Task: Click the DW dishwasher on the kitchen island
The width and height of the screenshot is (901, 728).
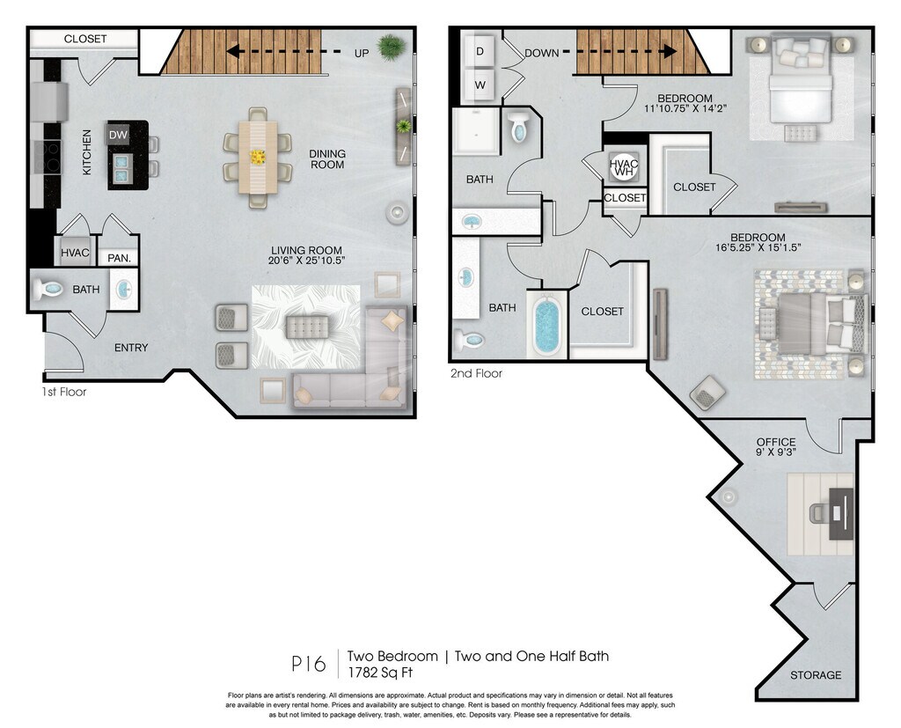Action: pyautogui.click(x=119, y=136)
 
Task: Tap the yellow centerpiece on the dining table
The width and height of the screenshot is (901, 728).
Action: pyautogui.click(x=258, y=157)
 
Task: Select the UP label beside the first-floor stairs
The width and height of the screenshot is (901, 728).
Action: pyautogui.click(x=362, y=54)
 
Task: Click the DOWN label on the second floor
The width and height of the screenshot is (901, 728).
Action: pyautogui.click(x=541, y=53)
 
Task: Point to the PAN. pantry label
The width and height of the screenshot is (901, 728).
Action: pyautogui.click(x=120, y=258)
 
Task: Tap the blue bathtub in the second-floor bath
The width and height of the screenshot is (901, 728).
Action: pyautogui.click(x=547, y=327)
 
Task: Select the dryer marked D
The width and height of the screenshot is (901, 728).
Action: pyautogui.click(x=480, y=51)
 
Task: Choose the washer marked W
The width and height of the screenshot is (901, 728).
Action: pyautogui.click(x=480, y=85)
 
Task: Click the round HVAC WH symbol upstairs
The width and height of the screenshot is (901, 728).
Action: pyautogui.click(x=624, y=167)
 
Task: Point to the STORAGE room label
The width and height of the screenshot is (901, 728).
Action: pyautogui.click(x=816, y=675)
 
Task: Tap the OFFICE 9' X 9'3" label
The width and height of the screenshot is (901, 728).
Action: pyautogui.click(x=776, y=447)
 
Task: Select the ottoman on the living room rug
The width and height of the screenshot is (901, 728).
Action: pyautogui.click(x=307, y=327)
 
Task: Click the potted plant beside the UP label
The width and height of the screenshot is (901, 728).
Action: pyautogui.click(x=392, y=48)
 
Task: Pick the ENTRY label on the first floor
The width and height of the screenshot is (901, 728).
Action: pyautogui.click(x=131, y=348)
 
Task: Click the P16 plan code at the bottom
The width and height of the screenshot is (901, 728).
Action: pyautogui.click(x=309, y=664)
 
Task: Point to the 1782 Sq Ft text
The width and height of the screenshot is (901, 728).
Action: pyautogui.click(x=380, y=673)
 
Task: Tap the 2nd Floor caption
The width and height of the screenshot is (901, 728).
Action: pyautogui.click(x=476, y=373)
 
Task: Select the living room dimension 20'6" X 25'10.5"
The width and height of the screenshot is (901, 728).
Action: pyautogui.click(x=306, y=260)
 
